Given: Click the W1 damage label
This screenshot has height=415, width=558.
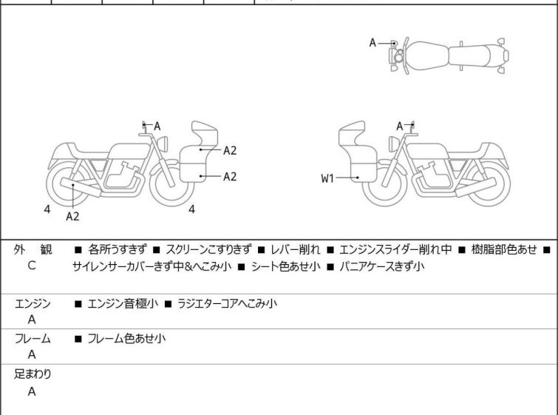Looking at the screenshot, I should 328,178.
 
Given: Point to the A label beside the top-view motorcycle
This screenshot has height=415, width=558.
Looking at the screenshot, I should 373,43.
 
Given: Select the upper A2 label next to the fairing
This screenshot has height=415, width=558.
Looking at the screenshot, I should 230,150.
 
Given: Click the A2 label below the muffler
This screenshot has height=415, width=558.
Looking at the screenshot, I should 72,216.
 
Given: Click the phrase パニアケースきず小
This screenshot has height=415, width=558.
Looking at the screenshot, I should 381,266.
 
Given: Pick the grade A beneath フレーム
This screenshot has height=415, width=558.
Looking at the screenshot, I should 32,354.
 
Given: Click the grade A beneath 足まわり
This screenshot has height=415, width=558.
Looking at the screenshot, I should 32,391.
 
